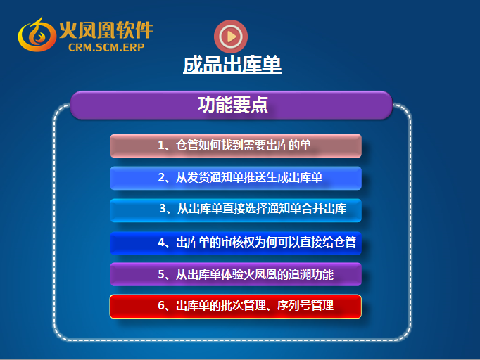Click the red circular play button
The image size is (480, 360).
[231, 37]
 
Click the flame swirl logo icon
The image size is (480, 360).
[37, 34]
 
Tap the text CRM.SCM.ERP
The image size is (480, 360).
[106, 47]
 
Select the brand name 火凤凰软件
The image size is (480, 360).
[106, 30]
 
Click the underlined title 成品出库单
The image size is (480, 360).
[232, 64]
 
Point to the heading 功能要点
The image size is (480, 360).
[233, 105]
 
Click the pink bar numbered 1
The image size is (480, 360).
[236, 146]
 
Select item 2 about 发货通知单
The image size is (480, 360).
[236, 178]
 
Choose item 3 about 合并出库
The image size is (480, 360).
[236, 210]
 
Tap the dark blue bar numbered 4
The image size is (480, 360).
[236, 243]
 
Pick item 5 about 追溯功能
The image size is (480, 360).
[236, 274]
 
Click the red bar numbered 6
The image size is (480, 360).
[236, 307]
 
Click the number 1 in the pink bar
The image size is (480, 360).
[160, 146]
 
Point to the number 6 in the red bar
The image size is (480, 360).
[161, 306]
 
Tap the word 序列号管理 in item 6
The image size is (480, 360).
[305, 305]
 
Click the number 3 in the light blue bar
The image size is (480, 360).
[163, 208]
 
